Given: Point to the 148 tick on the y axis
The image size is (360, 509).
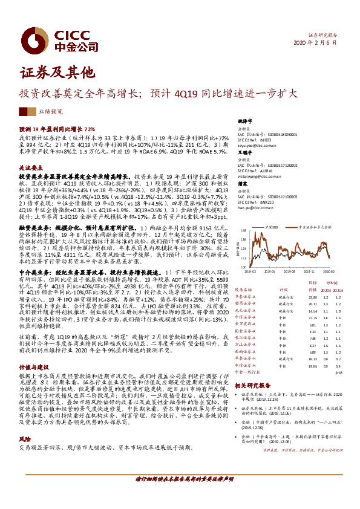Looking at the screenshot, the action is pyautogui.click(x=244, y=231).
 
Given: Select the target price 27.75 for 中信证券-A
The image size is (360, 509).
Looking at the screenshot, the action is pyautogui.click(x=313, y=317).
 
